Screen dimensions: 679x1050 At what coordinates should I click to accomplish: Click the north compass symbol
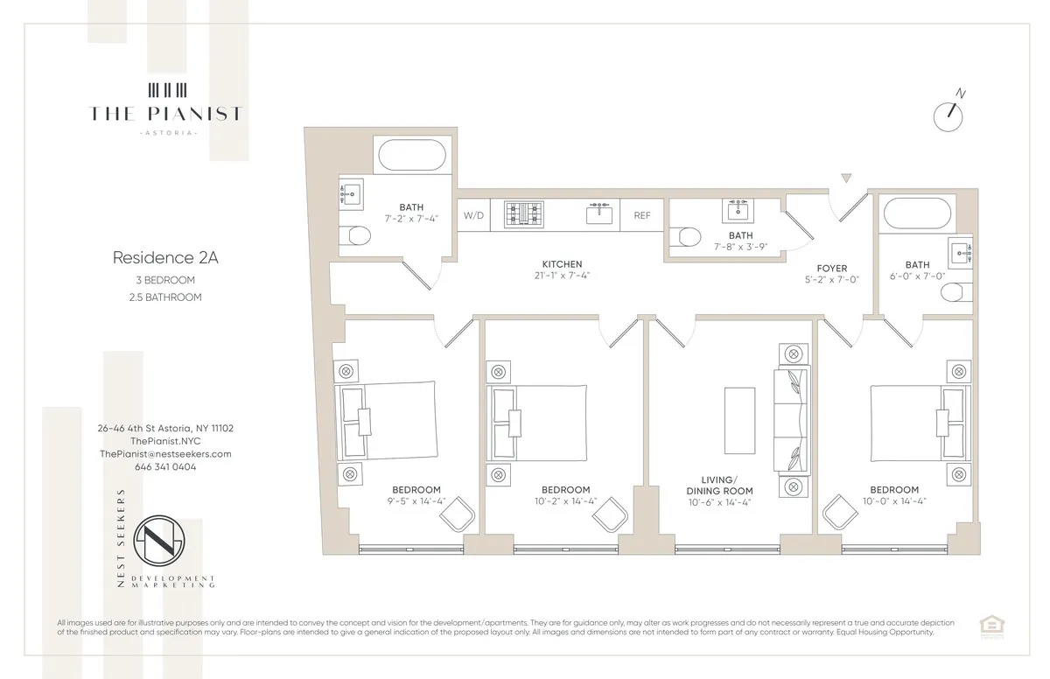[948, 115]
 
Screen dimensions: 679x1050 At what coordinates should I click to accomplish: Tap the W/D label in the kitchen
[473, 215]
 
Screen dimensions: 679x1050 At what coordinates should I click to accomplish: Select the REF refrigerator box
[642, 215]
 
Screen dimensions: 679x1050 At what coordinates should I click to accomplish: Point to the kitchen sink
[600, 214]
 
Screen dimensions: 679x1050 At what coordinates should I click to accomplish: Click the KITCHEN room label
[562, 264]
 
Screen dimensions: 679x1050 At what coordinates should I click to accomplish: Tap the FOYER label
[831, 269]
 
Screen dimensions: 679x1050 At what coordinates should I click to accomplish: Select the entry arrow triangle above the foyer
[845, 178]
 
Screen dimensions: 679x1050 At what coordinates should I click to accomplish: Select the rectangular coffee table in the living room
[740, 420]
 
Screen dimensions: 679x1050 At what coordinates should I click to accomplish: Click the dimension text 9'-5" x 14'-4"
[416, 502]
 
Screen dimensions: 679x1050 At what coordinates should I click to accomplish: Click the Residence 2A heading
[153, 257]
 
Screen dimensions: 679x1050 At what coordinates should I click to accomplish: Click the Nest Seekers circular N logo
[165, 543]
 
